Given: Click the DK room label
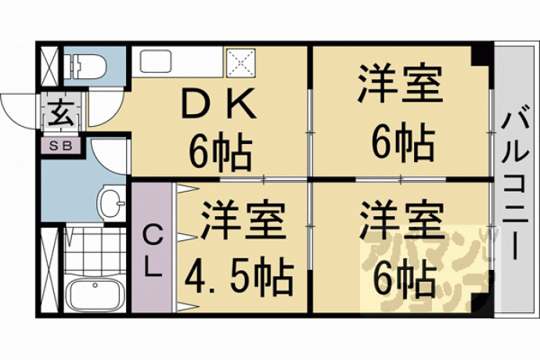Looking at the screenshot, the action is click(x=218, y=103).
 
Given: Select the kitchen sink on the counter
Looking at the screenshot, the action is click(x=156, y=62).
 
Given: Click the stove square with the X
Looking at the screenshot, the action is click(x=241, y=63).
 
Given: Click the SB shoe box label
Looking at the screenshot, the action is click(x=61, y=146).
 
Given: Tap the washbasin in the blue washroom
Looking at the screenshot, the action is click(x=111, y=202).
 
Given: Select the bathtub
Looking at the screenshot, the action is click(x=95, y=291).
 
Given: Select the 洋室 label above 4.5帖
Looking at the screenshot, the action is click(x=243, y=220).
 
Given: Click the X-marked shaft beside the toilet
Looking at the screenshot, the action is click(x=49, y=66).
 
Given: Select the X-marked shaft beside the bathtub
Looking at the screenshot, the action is click(x=49, y=269).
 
